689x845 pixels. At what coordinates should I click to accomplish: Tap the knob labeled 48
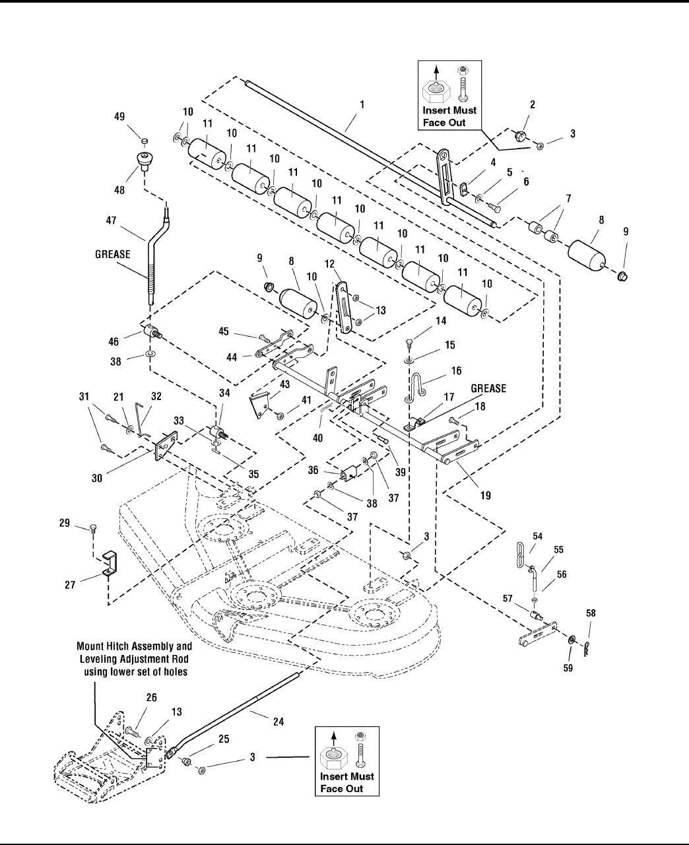tap(144, 160)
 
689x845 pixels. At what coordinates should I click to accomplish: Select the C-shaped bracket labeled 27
tap(106, 564)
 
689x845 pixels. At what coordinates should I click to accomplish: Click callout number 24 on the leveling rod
tap(279, 722)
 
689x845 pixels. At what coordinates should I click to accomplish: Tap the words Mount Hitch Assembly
tap(135, 647)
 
